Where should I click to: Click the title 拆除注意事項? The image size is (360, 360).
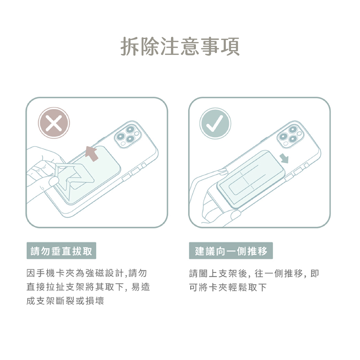click(180, 46)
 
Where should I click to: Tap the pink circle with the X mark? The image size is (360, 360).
click(54, 123)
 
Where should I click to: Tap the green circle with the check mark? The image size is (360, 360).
click(215, 124)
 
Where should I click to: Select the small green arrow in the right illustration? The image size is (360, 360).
click(285, 158)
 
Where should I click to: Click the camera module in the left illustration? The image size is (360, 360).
click(128, 135)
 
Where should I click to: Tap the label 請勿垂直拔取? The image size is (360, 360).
click(61, 251)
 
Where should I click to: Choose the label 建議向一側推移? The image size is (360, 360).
click(231, 251)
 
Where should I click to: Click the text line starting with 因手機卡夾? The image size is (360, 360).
click(87, 273)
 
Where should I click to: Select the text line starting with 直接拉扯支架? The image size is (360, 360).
click(88, 287)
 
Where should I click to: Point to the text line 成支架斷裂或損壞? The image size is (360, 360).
click(65, 301)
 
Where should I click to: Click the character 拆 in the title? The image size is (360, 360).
click(130, 46)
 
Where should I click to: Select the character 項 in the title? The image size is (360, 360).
click(230, 46)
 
